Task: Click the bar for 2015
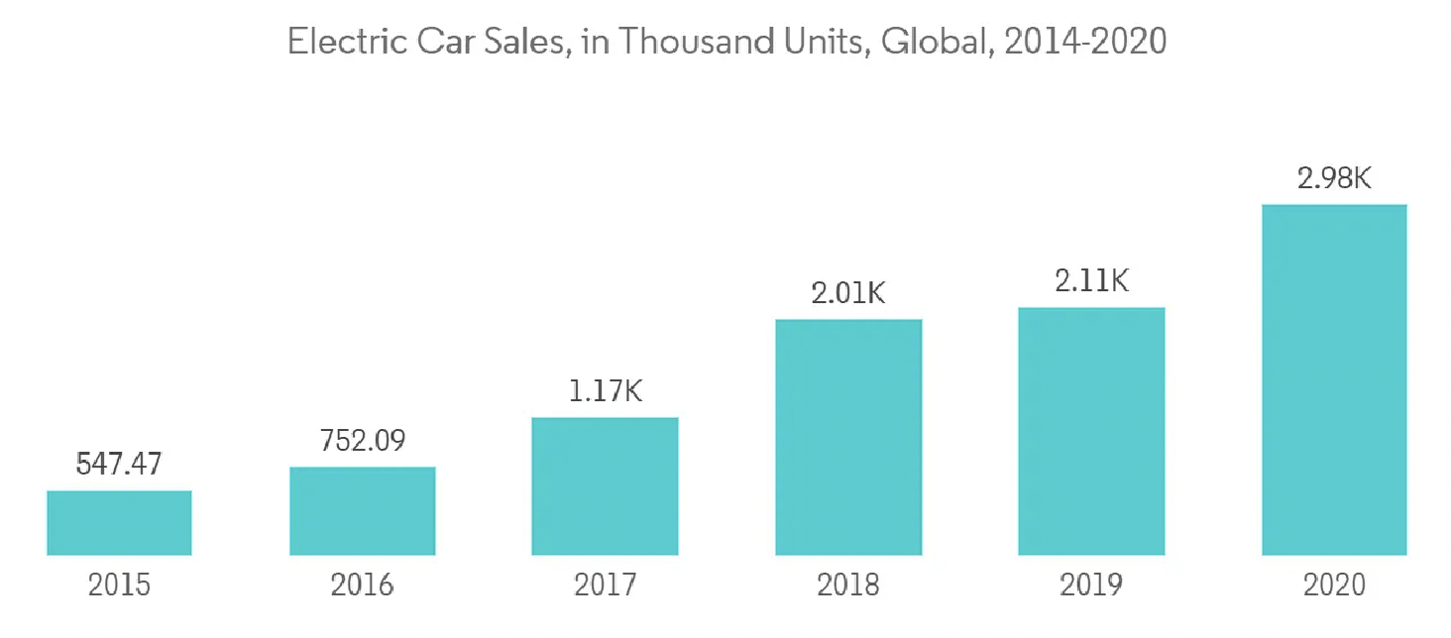119,522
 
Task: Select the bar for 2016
362,510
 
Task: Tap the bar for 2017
605,485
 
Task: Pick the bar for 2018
848,437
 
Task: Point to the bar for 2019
1091,431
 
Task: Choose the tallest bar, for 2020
1334,379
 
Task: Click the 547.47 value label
119,465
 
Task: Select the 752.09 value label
362,441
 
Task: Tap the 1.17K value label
605,391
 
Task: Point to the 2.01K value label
848,294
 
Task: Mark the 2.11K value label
1091,282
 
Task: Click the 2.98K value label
1334,179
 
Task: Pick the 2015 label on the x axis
119,585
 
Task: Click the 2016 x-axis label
362,585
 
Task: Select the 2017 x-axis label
605,585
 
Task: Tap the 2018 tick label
848,585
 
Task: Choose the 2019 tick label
1091,585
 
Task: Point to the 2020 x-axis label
1334,585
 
